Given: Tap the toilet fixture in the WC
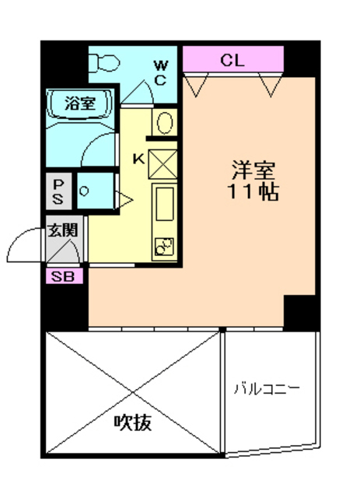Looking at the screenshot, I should (x=103, y=61).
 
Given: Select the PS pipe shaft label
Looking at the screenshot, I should (x=58, y=191).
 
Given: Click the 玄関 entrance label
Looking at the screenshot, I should (x=62, y=230).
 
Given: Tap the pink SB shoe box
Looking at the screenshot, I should (x=62, y=275).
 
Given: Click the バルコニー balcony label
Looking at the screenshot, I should (x=267, y=388).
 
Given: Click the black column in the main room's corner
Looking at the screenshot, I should (x=301, y=311).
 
